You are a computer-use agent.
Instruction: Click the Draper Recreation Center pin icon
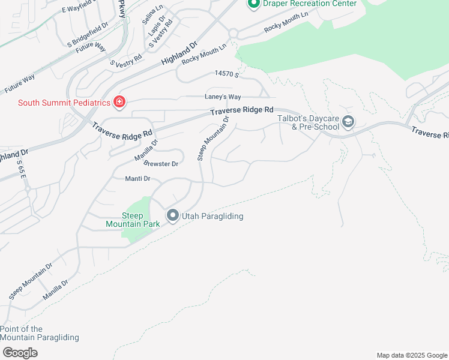tap(253, 4)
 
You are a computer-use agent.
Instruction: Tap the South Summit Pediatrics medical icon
tap(119, 103)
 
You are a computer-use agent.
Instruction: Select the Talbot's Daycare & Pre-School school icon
tap(348, 123)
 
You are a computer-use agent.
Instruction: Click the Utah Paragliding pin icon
tap(173, 215)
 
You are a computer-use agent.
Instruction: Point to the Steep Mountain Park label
tap(133, 220)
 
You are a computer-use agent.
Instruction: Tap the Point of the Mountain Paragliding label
tap(40, 333)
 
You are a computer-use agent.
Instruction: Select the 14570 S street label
tap(227, 74)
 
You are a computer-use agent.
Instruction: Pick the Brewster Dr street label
tap(161, 164)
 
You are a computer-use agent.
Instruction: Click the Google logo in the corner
tap(20, 353)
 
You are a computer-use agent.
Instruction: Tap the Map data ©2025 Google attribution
tap(411, 355)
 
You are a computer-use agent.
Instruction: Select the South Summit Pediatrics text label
tap(64, 103)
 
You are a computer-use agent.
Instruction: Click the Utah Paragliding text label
tap(214, 216)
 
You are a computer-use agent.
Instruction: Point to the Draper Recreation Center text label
tap(309, 4)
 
